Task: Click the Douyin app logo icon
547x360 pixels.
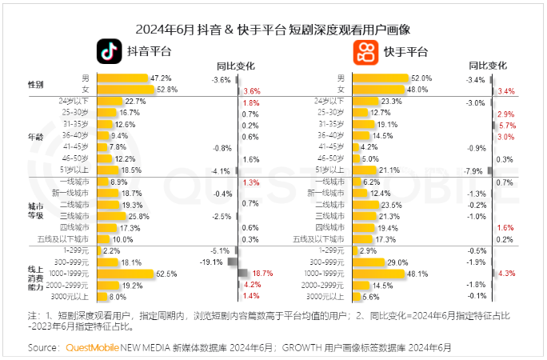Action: point(110,51)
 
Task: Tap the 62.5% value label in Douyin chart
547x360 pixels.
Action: point(166,274)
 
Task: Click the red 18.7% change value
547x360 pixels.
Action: point(263,274)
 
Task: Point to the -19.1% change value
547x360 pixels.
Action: point(210,262)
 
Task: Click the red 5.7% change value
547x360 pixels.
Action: point(507,126)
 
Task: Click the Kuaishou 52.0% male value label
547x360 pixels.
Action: point(421,78)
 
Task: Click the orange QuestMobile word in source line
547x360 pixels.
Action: point(92,348)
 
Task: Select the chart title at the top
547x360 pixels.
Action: point(273,30)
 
